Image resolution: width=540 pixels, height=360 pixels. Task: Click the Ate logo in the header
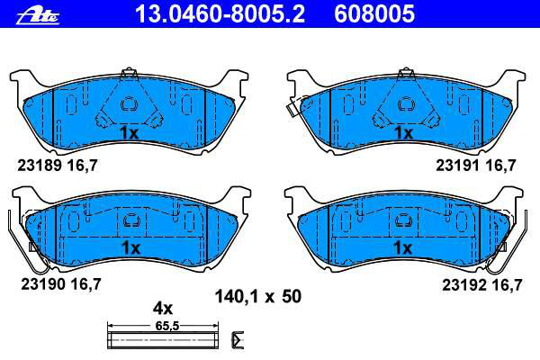pos(38,15)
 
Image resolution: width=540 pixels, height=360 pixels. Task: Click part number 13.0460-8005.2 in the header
pos(220,13)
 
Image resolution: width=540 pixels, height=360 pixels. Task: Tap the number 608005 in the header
pos(374,13)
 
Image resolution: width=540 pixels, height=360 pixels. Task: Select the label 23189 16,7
pos(58,166)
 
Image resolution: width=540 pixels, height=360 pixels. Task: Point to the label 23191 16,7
pos(475,166)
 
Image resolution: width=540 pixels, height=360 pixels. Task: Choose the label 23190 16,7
pos(61,284)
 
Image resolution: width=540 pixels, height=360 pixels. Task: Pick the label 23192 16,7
pos(482,285)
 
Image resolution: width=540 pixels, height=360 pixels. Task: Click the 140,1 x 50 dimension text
pos(258,297)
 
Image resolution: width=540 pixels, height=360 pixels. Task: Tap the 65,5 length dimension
pos(167,326)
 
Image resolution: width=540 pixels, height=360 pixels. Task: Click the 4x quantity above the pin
pos(163,309)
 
